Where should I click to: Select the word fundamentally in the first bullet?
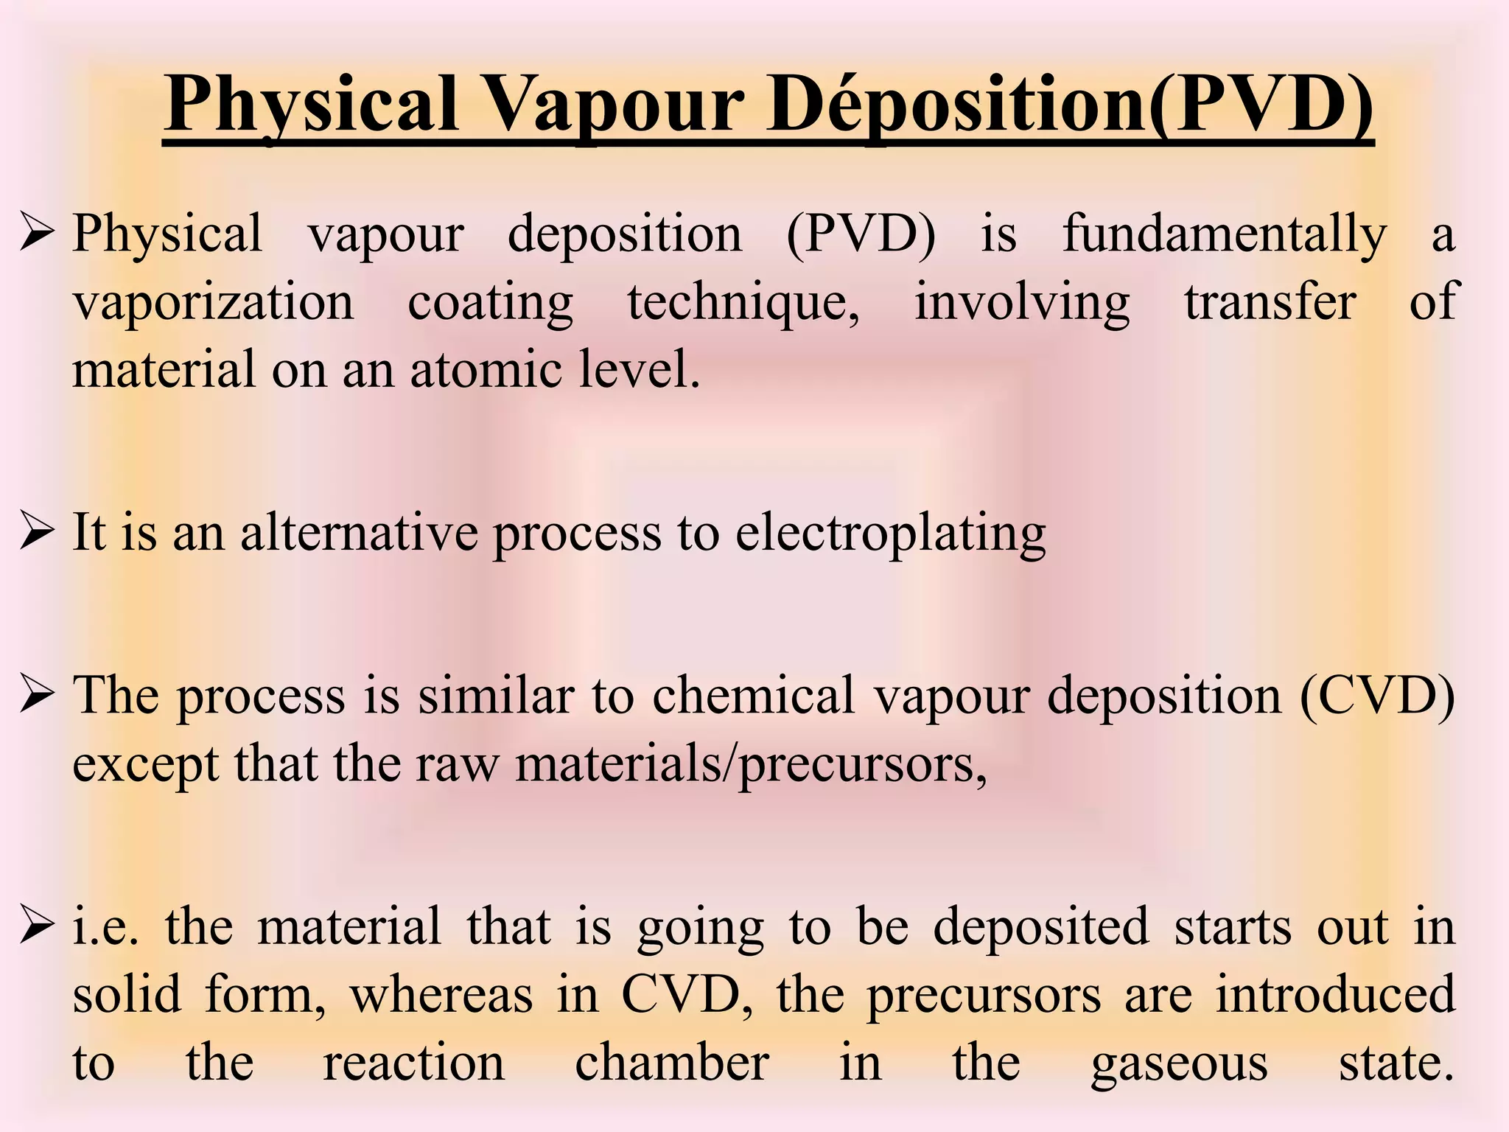coord(1224,234)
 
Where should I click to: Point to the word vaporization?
coord(213,302)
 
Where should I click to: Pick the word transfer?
coord(1270,302)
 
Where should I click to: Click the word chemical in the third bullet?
coord(753,695)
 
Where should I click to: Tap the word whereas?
coord(441,995)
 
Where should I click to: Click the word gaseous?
coord(1179,1063)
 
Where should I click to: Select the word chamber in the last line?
coord(672,1063)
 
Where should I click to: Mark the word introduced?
coord(1335,995)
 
